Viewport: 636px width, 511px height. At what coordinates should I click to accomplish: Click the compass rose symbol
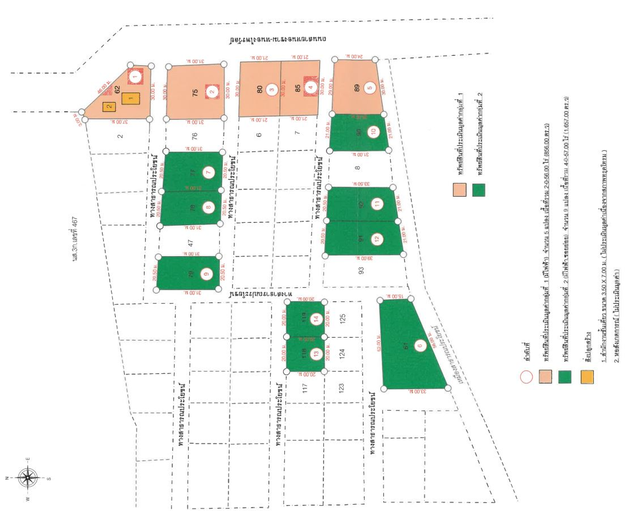(28, 478)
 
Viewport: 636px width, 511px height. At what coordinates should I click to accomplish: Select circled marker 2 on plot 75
(212, 91)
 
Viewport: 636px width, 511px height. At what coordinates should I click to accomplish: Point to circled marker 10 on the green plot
(374, 132)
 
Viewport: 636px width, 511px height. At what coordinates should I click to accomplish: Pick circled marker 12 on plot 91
(377, 239)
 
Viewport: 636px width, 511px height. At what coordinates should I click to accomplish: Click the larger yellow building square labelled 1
(130, 98)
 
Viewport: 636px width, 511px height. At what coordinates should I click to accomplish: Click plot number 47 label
(190, 243)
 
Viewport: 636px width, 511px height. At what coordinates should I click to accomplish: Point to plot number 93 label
(361, 270)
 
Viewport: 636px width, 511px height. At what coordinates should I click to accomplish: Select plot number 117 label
(305, 387)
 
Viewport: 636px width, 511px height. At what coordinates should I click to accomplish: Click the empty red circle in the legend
(526, 377)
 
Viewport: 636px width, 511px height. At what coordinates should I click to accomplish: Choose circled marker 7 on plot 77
(209, 172)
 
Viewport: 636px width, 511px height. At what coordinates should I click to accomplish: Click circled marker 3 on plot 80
(271, 90)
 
